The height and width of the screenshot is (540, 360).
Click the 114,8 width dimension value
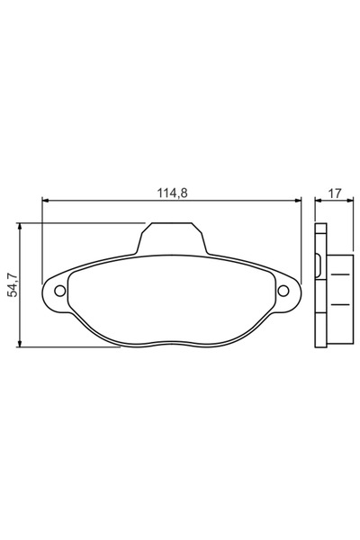coord(171,192)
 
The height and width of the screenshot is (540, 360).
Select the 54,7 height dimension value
coord(12,285)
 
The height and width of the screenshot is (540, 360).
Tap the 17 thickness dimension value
coord(333,192)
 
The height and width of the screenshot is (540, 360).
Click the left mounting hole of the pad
coord(60,290)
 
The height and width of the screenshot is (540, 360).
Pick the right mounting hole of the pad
coord(283,290)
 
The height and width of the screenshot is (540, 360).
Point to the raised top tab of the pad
coord(171,238)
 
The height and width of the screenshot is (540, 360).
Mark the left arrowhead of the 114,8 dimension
coord(46,201)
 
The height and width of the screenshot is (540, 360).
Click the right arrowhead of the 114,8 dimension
coord(296,201)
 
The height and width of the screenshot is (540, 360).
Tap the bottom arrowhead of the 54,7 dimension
coord(21,343)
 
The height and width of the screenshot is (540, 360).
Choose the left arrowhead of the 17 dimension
coord(318,201)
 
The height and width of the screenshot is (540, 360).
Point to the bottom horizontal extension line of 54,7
coord(72,347)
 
